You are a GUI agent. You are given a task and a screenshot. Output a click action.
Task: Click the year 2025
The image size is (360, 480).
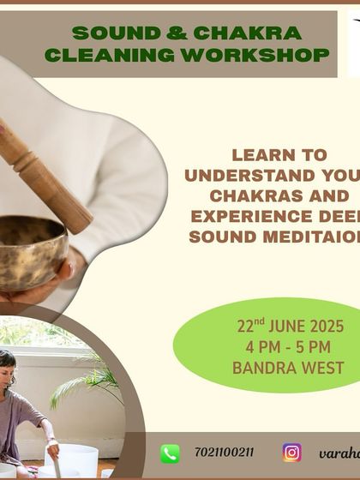327,327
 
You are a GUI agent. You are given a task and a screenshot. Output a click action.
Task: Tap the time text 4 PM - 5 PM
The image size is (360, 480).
289,348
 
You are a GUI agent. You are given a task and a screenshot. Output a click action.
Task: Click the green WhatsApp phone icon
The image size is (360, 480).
171,453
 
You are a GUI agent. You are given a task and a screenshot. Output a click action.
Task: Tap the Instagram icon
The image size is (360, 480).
292,453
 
